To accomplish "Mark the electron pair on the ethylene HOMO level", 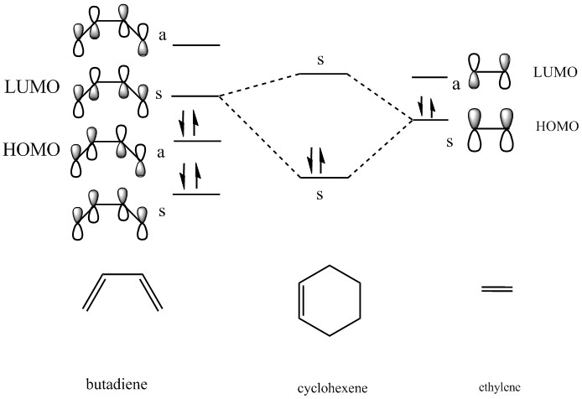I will tap(427, 107).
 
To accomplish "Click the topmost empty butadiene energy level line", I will tap(196, 44).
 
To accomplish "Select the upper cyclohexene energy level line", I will tap(324, 74).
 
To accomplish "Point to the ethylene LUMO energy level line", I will tap(429, 78).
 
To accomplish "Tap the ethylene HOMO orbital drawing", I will tap(491, 128).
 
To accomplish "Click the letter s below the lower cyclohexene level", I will tap(320, 195).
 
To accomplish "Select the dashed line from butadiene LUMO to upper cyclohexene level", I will tap(260, 85).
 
